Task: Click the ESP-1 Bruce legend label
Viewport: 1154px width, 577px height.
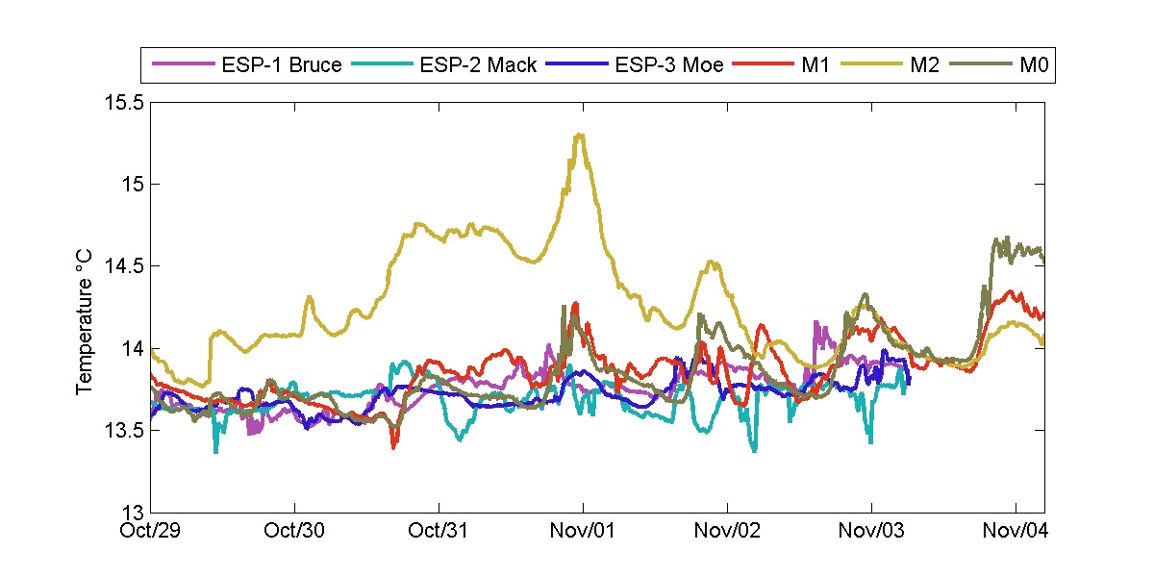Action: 281,65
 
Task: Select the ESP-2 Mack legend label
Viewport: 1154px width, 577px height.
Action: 477,65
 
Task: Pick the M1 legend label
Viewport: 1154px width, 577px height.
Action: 816,65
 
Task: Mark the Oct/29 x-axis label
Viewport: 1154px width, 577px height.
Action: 152,530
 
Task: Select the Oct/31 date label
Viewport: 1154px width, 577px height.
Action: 439,530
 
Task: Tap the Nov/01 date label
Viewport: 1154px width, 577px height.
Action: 584,530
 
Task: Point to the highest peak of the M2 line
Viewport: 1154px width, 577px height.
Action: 579,135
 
